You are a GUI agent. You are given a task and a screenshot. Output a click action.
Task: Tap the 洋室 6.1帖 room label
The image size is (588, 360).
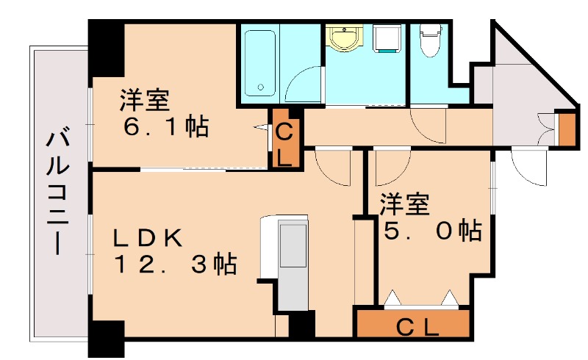[165, 114]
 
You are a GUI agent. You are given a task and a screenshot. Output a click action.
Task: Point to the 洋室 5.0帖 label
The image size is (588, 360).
[429, 218]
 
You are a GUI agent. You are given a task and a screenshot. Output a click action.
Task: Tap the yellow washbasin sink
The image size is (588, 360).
[342, 38]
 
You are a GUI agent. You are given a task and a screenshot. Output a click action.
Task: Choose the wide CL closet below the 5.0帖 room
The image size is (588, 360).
[412, 324]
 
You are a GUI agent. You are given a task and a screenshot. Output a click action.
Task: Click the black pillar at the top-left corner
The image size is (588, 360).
[105, 46]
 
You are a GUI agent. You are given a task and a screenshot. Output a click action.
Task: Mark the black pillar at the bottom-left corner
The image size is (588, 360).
[105, 339]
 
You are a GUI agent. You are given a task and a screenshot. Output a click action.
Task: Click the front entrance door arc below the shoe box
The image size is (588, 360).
[528, 165]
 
